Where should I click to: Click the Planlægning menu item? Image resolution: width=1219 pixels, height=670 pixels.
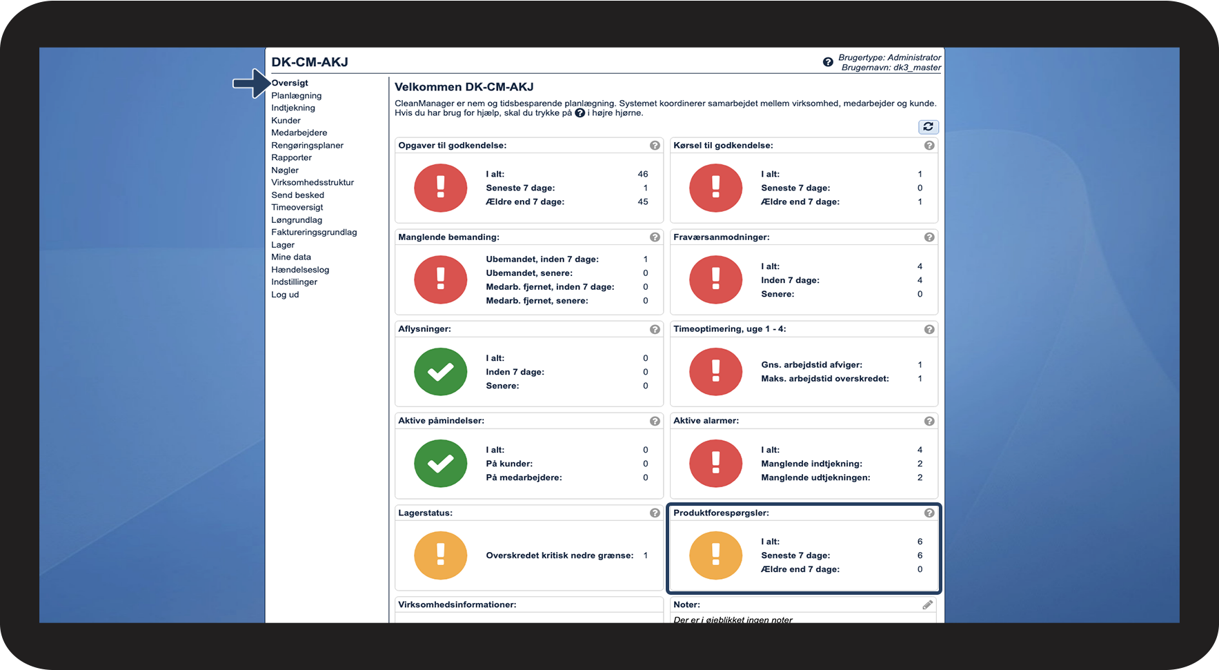[x=296, y=96]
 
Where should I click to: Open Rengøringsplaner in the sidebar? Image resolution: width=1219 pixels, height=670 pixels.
[x=307, y=146]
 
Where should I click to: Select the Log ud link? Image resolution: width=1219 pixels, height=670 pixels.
[x=285, y=295]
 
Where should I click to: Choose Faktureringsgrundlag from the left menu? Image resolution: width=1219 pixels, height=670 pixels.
[x=314, y=233]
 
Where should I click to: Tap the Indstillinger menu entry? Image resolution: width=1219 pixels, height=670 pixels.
[x=294, y=282]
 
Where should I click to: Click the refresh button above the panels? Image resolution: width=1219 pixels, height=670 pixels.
[x=928, y=127]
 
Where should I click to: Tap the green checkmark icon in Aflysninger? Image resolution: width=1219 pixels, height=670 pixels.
[x=440, y=372]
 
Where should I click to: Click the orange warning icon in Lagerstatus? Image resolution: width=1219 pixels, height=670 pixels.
[x=440, y=555]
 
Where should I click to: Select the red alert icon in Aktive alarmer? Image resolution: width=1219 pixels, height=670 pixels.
[x=715, y=464]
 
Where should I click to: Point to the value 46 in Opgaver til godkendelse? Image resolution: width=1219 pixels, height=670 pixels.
[x=643, y=175]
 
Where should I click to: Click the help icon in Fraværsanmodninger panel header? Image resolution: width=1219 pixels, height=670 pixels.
[x=929, y=237]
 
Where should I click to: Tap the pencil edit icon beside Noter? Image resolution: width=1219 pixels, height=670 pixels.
[x=928, y=605]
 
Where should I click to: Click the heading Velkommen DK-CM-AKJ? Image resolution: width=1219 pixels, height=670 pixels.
[x=464, y=87]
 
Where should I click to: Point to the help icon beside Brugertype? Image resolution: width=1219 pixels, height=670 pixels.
[x=828, y=62]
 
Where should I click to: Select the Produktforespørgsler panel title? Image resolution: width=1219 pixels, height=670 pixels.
[x=721, y=513]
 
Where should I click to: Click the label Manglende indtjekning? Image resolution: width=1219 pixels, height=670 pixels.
[x=811, y=464]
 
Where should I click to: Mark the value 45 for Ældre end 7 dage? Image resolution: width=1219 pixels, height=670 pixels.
[x=643, y=202]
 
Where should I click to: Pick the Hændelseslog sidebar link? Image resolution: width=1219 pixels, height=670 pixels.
[x=300, y=270]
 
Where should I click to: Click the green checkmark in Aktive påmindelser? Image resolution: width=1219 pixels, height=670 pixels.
[x=440, y=464]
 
